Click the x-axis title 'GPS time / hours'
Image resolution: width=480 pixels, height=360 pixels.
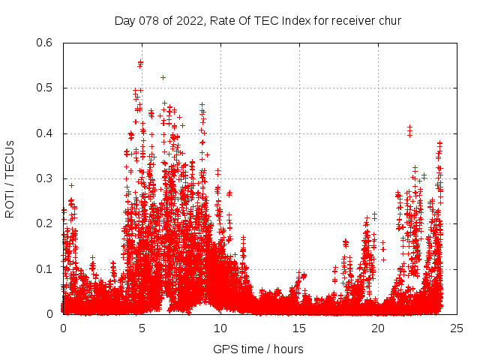(x=258, y=349)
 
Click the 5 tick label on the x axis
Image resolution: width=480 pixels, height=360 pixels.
(x=142, y=328)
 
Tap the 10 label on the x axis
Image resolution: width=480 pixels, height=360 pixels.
(x=220, y=328)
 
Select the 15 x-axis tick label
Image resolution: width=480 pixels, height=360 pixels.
(x=299, y=328)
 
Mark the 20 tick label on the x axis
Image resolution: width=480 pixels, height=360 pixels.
(x=378, y=328)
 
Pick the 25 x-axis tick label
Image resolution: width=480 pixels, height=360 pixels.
(x=457, y=328)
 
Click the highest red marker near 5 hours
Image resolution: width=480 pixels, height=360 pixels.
(x=140, y=62)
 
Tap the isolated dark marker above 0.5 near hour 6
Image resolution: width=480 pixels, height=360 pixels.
(x=163, y=77)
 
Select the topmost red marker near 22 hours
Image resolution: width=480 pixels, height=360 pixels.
(x=409, y=127)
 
